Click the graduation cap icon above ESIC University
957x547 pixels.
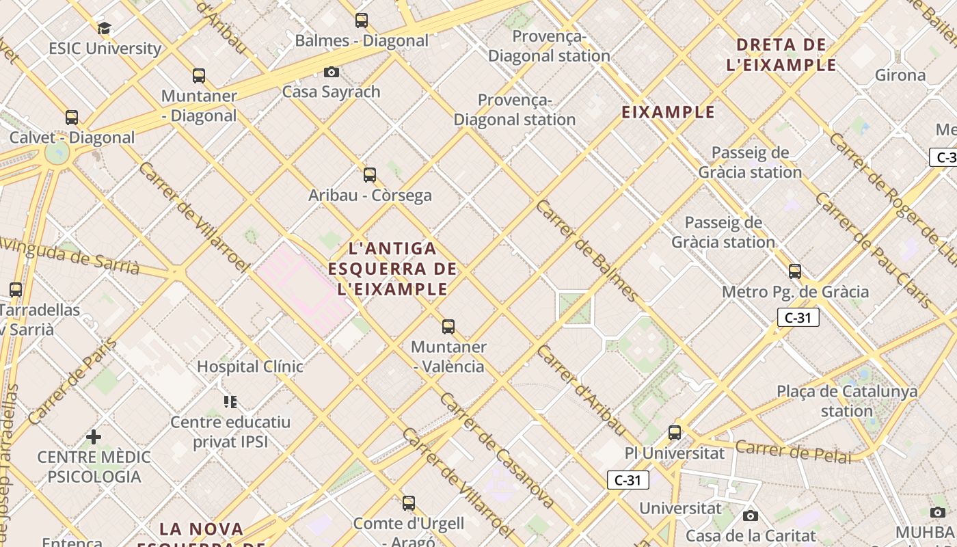tap(104, 28)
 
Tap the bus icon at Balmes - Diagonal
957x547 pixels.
tap(362, 21)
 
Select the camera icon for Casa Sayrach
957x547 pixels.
tap(332, 72)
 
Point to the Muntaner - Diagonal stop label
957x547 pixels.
tap(199, 106)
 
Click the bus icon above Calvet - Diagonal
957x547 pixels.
tap(72, 118)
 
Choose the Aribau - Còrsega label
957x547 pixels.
tap(370, 196)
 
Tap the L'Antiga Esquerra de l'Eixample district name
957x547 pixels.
tap(392, 268)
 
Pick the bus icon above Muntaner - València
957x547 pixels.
tap(448, 327)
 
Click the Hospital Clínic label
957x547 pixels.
tap(250, 366)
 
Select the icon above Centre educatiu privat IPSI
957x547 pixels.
tap(230, 401)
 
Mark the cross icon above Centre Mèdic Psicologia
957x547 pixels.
tap(94, 436)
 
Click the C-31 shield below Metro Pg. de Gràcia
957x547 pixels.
tap(798, 317)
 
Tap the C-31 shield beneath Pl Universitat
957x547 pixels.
tap(628, 480)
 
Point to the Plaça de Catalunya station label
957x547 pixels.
tap(847, 401)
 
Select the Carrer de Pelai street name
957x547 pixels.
tap(794, 451)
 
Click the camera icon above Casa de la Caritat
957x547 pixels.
tap(751, 516)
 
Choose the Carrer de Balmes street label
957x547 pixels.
tap(587, 251)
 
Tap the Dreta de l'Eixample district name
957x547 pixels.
tap(785, 55)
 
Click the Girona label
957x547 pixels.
tap(900, 75)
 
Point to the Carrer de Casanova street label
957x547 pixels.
tap(497, 451)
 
